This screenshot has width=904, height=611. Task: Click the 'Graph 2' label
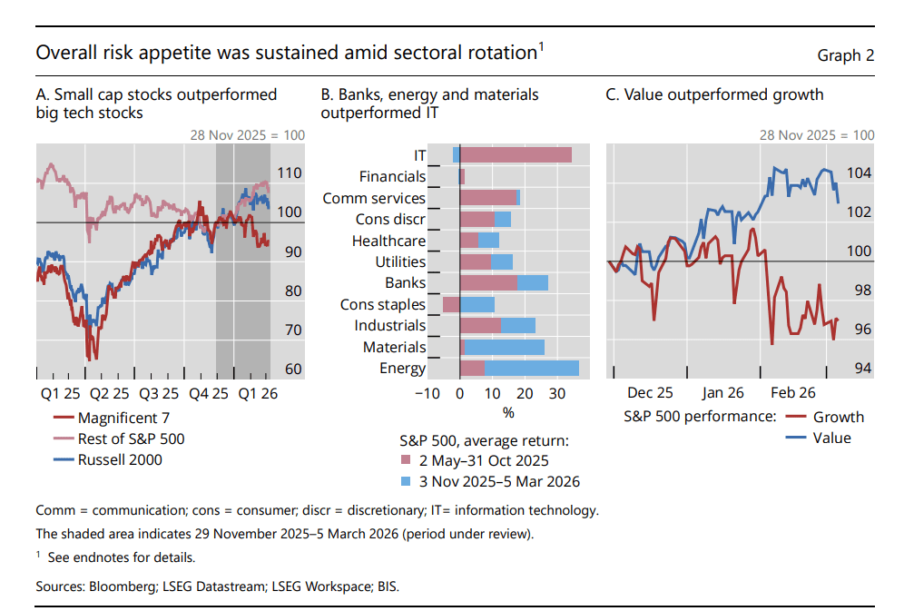tap(845, 55)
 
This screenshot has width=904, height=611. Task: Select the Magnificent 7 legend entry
tap(123, 419)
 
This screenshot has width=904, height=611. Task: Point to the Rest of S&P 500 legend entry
tap(131, 439)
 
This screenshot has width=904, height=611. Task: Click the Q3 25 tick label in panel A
tap(161, 393)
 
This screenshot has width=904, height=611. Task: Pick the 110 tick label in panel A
tap(289, 172)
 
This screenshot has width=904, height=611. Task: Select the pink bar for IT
tap(516, 155)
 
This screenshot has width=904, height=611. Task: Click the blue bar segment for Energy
tap(531, 368)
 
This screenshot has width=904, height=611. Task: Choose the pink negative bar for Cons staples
tap(451, 304)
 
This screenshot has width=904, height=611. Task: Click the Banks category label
tap(405, 283)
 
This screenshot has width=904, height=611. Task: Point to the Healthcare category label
tap(388, 241)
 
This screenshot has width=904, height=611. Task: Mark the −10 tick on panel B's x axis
tap(427, 393)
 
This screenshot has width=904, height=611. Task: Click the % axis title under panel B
tap(508, 413)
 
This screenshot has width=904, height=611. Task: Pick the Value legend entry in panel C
tap(831, 438)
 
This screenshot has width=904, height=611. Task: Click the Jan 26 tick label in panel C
tap(722, 393)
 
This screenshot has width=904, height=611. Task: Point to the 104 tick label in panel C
tap(859, 172)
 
